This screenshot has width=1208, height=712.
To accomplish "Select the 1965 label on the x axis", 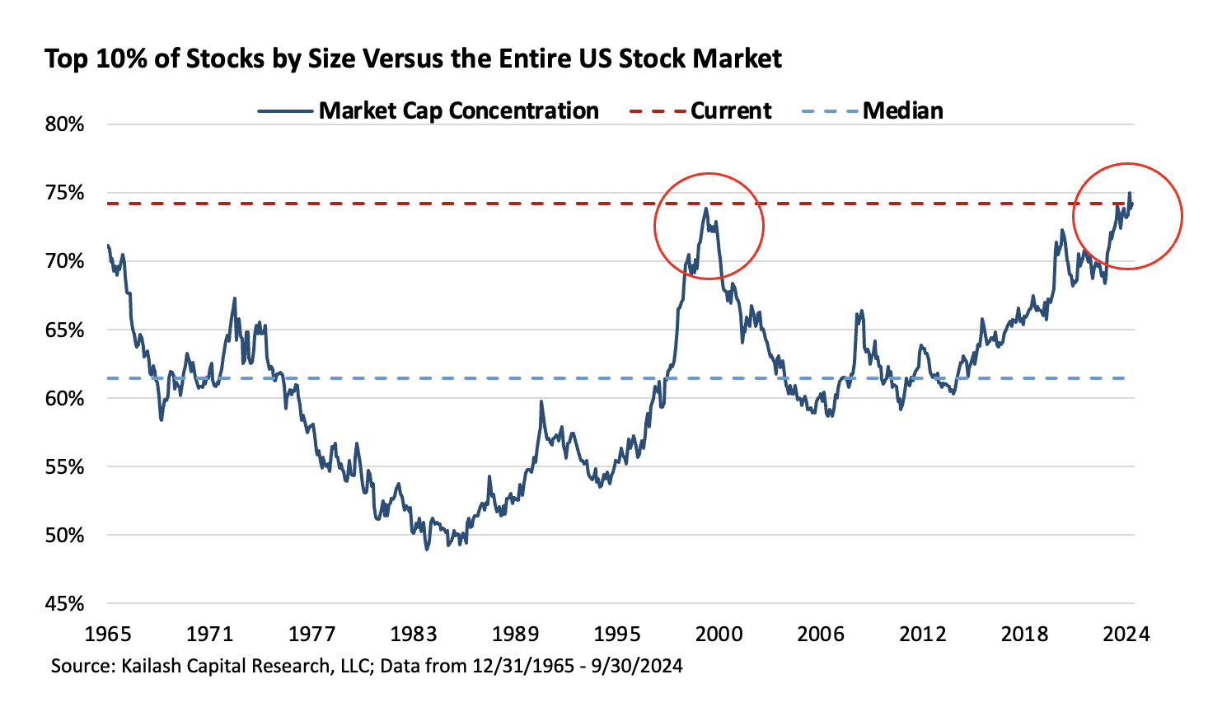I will point(108,634).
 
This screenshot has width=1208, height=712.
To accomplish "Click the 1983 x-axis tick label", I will point(414,634).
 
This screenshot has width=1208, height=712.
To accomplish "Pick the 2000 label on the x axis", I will point(719,634).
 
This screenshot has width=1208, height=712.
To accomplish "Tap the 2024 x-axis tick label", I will point(1126,634).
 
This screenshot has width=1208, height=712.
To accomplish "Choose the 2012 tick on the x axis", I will point(923,634).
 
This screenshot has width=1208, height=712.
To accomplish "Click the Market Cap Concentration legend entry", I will point(458,110).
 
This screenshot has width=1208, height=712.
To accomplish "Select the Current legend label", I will point(731,110).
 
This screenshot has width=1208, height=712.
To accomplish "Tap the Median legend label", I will point(902,110).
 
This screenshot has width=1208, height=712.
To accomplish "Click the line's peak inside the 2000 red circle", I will point(706,208).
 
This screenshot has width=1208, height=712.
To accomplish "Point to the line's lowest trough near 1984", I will point(427,549).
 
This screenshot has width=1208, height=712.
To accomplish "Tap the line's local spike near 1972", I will point(235,298).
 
